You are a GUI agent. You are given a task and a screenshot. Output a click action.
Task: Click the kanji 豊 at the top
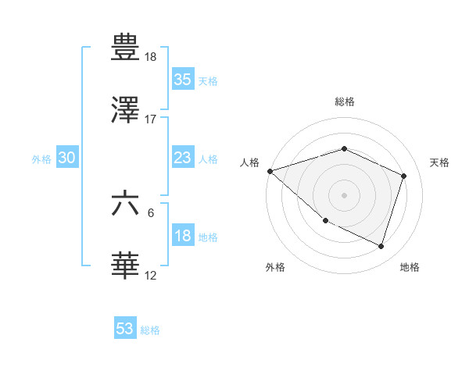126,48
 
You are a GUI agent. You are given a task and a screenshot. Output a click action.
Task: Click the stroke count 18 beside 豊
151,57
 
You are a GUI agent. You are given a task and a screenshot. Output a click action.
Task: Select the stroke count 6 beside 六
151,212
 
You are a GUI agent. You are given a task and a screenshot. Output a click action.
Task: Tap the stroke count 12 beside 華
151,275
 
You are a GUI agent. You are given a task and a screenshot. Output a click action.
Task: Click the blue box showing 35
182,80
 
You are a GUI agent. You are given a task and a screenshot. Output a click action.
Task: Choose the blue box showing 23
182,158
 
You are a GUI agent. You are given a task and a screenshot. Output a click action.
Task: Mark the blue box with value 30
67,158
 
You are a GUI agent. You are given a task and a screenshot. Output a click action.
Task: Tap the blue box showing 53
125,329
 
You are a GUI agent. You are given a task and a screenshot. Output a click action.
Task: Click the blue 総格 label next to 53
151,330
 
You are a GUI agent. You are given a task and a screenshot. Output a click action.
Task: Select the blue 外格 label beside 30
41,159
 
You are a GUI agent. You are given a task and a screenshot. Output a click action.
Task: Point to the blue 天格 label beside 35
208,81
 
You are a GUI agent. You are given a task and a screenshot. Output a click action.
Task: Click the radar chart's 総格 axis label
344,102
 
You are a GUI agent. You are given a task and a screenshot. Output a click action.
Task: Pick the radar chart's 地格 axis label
410,267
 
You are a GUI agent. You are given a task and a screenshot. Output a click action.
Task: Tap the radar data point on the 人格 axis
270,171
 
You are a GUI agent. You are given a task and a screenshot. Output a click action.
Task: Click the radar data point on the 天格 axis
404,176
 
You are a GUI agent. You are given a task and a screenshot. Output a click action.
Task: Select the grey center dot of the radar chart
344,194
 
